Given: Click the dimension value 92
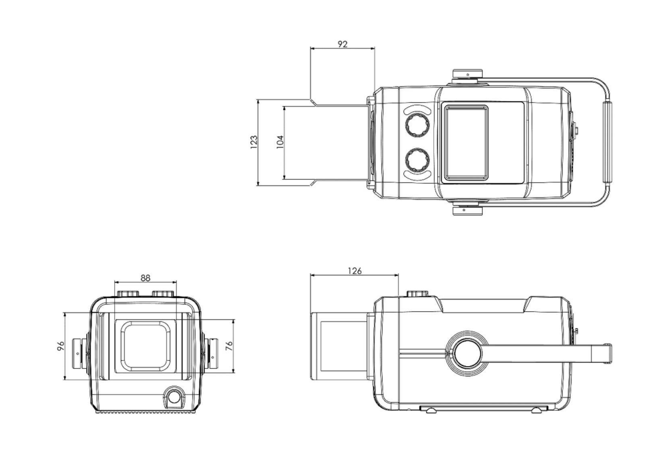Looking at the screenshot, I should [x=343, y=43].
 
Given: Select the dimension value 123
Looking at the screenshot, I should [x=254, y=142].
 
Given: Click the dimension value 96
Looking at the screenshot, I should [x=60, y=347].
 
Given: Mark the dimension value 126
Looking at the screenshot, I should [x=355, y=271].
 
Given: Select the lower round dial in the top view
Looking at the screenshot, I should [x=418, y=160].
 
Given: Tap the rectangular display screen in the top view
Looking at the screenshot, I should [x=466, y=142].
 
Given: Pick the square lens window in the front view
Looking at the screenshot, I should [x=146, y=346].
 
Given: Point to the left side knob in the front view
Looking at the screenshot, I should [x=82, y=348].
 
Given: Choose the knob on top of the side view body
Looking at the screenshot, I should [x=418, y=293].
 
